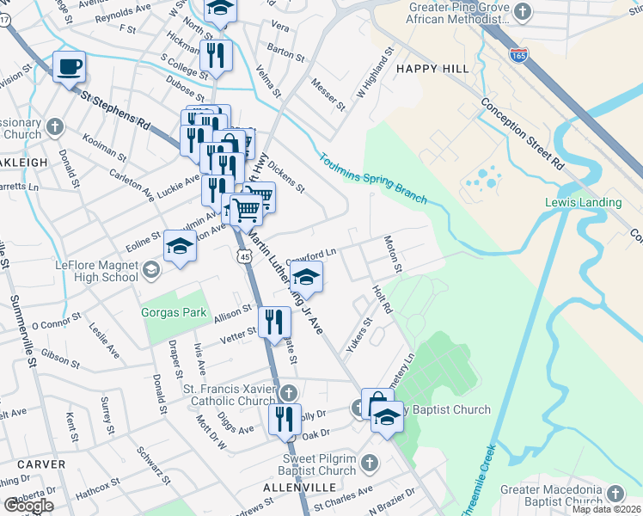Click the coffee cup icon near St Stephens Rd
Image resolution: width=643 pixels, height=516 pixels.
click(x=69, y=65)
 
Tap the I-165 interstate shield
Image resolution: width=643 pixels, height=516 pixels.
click(x=518, y=54)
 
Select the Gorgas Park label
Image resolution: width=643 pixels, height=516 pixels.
click(x=175, y=312)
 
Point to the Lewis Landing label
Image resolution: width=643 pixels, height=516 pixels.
click(x=583, y=203)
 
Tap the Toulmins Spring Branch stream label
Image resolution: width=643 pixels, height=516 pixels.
click(x=373, y=179)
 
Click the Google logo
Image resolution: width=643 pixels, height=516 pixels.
click(x=28, y=505)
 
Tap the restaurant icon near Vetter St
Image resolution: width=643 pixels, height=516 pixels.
click(x=274, y=322)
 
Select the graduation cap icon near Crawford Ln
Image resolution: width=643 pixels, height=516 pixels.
click(x=304, y=277)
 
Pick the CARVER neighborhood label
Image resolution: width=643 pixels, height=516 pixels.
click(x=40, y=464)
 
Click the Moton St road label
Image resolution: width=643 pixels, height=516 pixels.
click(x=393, y=255)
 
